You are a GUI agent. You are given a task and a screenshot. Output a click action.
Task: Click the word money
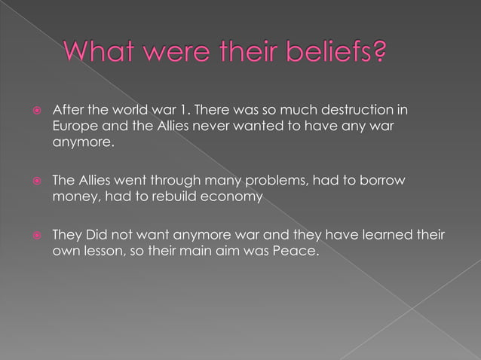point(72,197)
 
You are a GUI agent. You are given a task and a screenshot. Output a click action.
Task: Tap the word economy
point(233,197)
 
